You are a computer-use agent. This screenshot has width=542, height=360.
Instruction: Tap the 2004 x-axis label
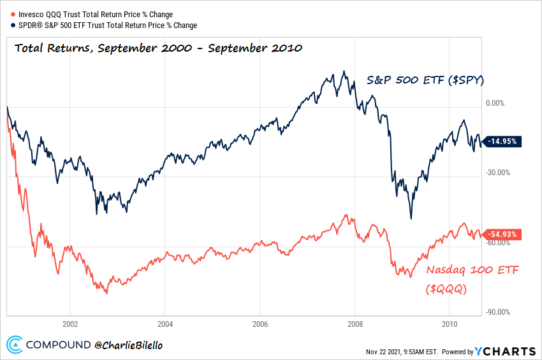tap(165, 322)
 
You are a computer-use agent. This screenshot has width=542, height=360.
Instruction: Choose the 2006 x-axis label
tap(260, 322)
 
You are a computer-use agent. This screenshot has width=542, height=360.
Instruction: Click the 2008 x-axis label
tap(355, 322)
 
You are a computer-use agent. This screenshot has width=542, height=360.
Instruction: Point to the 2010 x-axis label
tap(450, 322)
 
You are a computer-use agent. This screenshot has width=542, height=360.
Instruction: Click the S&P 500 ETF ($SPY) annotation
tap(426, 80)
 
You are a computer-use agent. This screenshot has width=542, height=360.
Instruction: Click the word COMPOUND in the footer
tap(58, 345)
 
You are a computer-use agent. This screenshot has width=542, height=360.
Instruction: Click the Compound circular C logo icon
tap(14, 345)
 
